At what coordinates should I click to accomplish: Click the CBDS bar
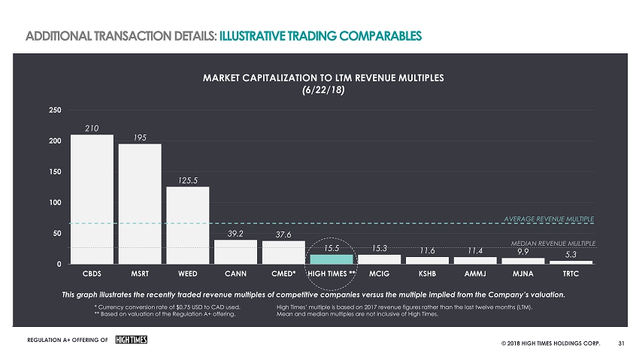(92, 199)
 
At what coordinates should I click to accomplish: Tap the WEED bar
(187, 225)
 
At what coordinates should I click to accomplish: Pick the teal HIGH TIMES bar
(332, 259)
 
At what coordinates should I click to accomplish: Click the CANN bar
(235, 252)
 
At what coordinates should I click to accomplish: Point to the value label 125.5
(188, 180)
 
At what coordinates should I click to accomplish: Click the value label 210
(92, 129)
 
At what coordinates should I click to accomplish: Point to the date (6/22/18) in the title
(322, 89)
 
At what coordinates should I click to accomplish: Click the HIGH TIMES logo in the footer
(130, 340)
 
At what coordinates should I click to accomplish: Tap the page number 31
(621, 345)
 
